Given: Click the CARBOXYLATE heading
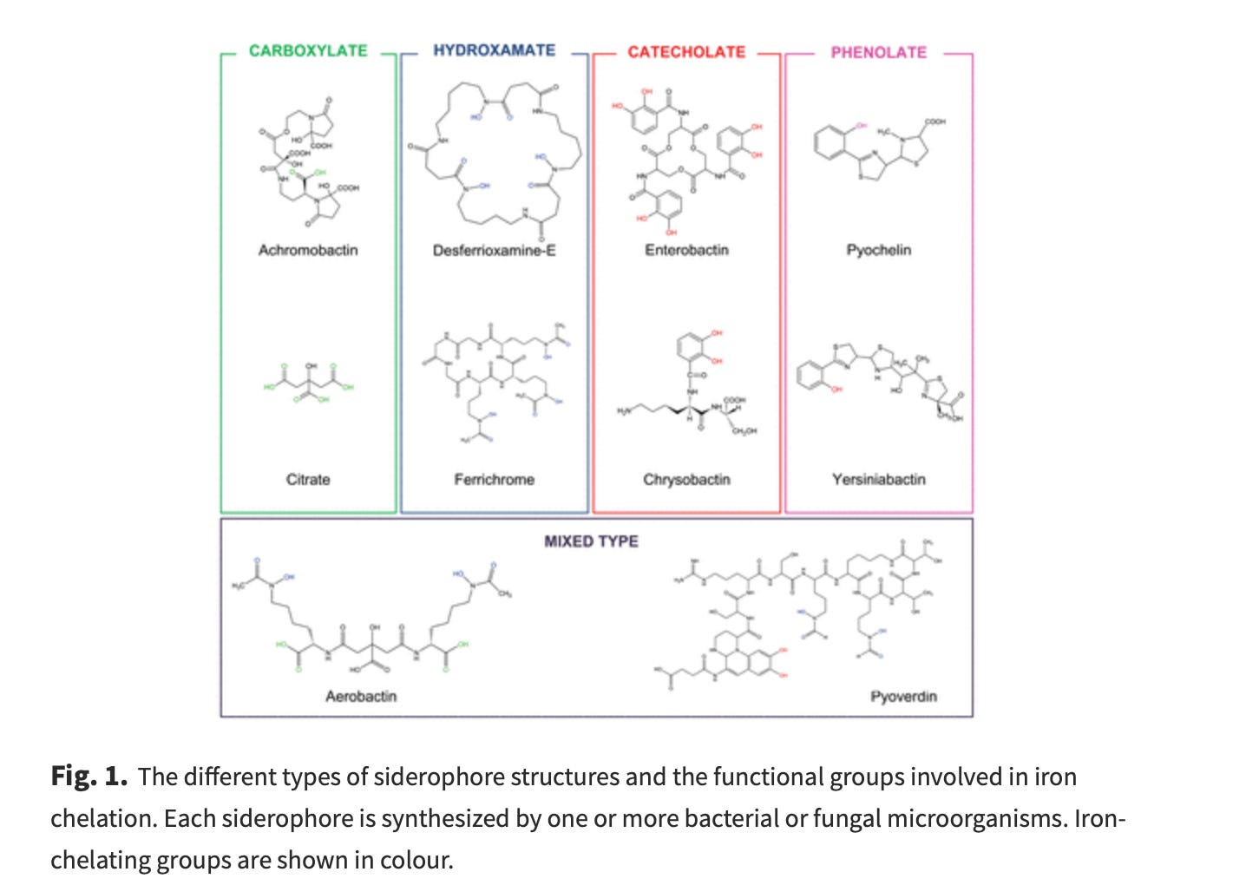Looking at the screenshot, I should pos(308,51).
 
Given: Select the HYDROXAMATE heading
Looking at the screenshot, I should pos(494,50).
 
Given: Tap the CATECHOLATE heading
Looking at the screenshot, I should pos(686,52).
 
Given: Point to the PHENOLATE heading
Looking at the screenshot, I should pos(878,52).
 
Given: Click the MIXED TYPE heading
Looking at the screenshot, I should pos(591,541).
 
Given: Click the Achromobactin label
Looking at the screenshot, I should pos(308,250).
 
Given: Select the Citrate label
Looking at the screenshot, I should pos(308,479).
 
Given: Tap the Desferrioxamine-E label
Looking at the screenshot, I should pos(494,250).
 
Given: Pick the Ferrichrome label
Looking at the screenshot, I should pos(494,479).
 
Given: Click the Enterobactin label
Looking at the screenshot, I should pos(686,250).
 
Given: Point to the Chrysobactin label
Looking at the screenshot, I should pos(686,479).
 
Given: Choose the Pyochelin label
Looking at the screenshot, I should pos(878,250).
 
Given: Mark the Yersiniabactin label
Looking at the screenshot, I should pos(878,479).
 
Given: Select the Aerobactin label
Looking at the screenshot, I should pos(361,696).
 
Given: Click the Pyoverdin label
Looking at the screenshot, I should pos(903,696).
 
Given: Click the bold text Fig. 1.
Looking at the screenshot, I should pos(89,776).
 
